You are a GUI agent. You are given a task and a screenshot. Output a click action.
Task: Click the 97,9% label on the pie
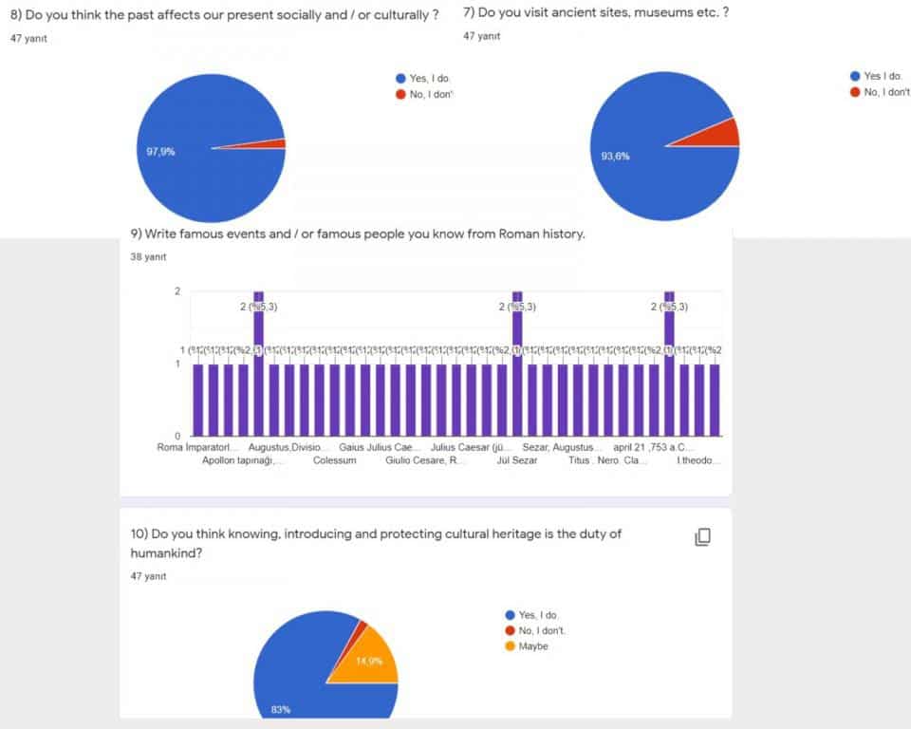coord(161,151)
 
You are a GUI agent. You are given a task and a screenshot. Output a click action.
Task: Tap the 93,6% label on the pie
coord(615,156)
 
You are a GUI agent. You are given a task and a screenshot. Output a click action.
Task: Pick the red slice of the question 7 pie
coord(728,132)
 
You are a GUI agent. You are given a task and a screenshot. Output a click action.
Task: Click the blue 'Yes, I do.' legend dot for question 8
coord(400,79)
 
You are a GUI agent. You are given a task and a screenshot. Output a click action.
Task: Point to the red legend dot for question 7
coord(855,92)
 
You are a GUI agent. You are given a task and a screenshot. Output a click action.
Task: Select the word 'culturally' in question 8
coord(398,15)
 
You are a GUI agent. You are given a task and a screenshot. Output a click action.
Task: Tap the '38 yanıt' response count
coord(148,256)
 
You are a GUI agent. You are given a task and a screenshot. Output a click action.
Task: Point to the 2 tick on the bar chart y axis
coord(177,291)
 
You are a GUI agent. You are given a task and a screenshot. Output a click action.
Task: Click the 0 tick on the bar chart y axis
coord(177,436)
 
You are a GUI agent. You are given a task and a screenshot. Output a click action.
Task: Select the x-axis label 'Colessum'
coord(334,460)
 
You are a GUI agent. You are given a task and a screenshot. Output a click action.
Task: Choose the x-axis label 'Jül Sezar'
coord(517,460)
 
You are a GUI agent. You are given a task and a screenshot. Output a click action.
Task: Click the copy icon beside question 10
coord(702,537)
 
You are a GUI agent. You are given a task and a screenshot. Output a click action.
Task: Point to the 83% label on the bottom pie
coord(280,709)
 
